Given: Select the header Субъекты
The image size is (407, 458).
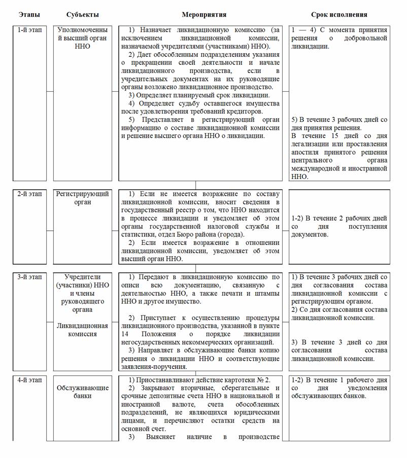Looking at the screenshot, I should click(83, 15).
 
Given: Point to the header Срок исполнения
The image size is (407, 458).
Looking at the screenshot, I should click(339, 15).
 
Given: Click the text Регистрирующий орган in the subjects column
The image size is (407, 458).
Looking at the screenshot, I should click(83, 198).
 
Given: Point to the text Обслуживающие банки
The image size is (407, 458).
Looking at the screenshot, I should click(83, 392).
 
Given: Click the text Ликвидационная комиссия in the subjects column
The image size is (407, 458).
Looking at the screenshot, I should click(83, 330).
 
